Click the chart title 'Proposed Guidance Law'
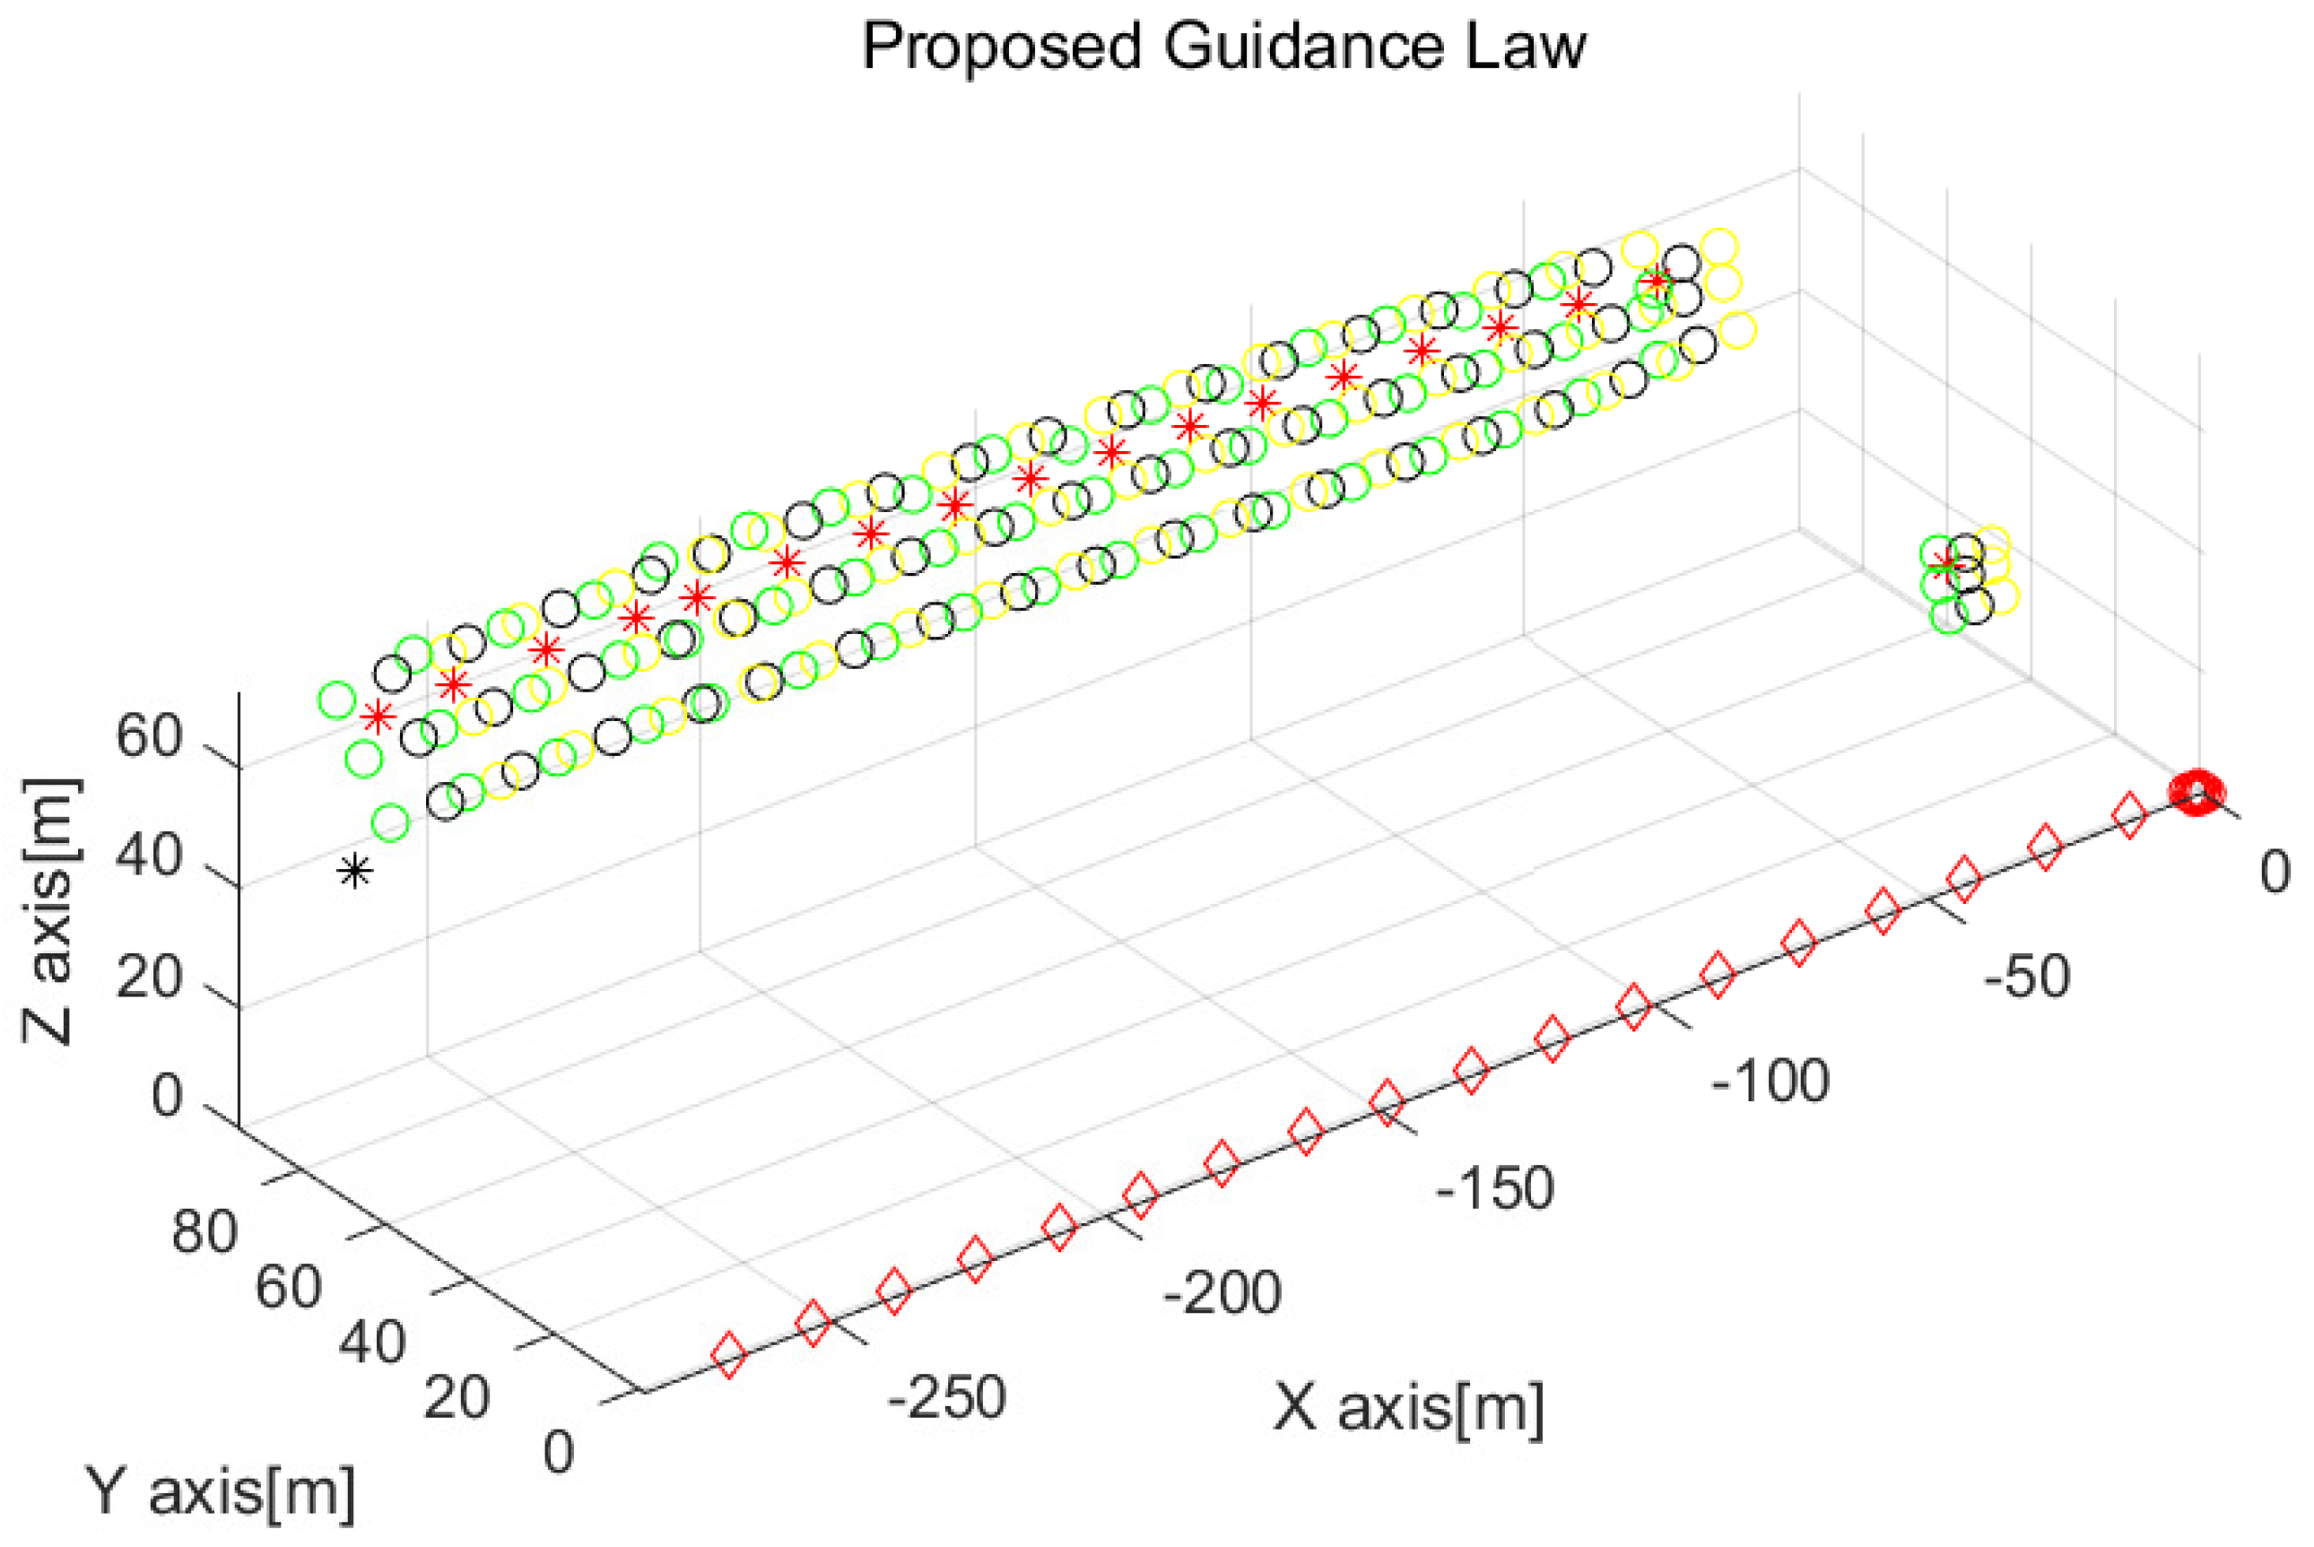(x=1223, y=47)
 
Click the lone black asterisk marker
(x=355, y=871)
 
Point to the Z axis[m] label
(x=49, y=910)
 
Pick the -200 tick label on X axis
(x=1222, y=1292)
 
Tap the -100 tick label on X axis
(x=1770, y=1082)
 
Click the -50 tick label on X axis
(x=2027, y=978)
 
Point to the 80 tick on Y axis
(x=204, y=1231)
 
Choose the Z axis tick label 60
(x=149, y=736)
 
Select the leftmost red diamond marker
(x=729, y=1354)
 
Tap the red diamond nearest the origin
(x=2129, y=818)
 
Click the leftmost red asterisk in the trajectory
(x=377, y=717)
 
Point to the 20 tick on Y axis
(x=456, y=1398)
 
